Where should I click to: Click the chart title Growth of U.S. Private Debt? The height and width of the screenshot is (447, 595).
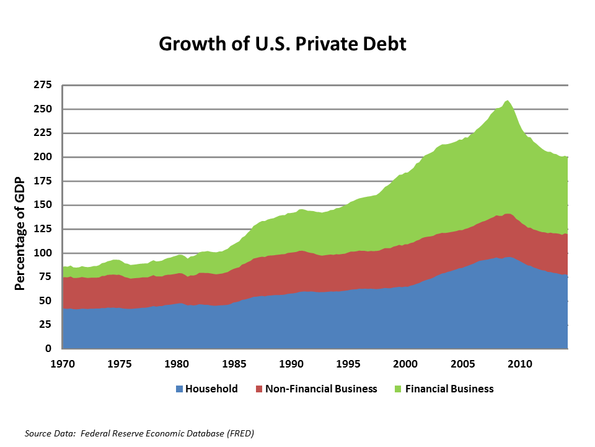pos(283,44)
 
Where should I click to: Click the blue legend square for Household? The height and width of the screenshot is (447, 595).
pos(180,389)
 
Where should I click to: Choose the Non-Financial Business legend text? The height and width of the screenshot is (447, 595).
pos(321,389)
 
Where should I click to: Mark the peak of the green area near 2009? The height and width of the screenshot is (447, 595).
pos(508,101)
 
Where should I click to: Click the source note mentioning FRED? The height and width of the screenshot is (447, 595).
pos(139,433)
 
